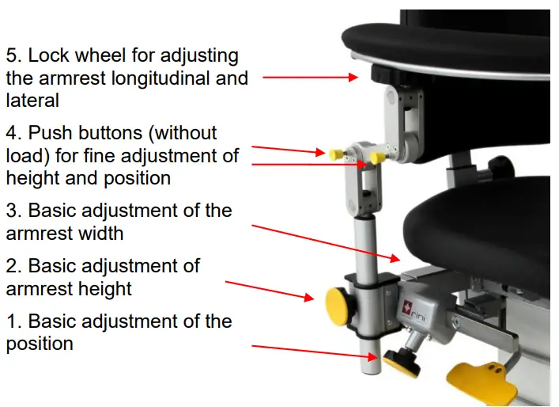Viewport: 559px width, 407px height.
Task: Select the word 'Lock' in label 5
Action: coord(48,56)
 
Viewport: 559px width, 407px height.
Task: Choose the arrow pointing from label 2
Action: coord(270,289)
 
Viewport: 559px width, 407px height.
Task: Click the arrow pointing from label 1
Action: coord(316,351)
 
